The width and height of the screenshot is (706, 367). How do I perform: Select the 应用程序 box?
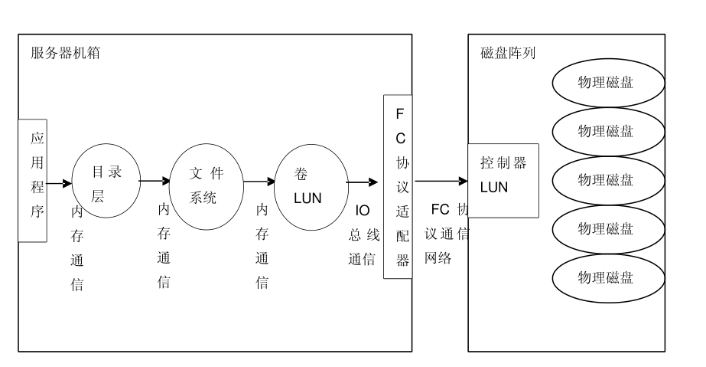pyautogui.click(x=32, y=181)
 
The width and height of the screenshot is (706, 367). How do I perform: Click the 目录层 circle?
pyautogui.click(x=106, y=183)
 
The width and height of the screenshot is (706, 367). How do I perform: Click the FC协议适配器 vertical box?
pyautogui.click(x=399, y=187)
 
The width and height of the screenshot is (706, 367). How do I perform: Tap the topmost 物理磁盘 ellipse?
pyautogui.click(x=605, y=82)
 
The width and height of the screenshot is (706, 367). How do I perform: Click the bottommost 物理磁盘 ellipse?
pyautogui.click(x=605, y=277)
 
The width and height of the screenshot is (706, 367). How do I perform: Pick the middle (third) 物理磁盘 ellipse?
pyautogui.click(x=605, y=180)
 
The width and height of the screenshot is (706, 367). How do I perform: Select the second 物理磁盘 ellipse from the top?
pyautogui.click(x=605, y=131)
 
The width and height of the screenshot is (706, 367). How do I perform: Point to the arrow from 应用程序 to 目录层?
pyautogui.click(x=59, y=184)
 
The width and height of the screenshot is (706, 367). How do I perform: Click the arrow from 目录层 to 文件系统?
pyautogui.click(x=155, y=182)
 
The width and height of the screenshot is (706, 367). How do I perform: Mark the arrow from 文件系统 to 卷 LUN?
pyautogui.click(x=259, y=182)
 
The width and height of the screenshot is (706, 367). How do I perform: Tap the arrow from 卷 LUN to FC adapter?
pyautogui.click(x=361, y=182)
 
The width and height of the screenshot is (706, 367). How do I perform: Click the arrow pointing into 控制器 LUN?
pyautogui.click(x=441, y=182)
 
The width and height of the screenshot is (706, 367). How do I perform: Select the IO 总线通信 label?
pyautogui.click(x=363, y=235)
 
